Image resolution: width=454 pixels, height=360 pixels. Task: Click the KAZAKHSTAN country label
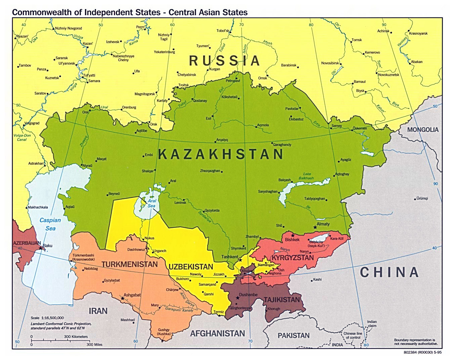[x=220, y=154]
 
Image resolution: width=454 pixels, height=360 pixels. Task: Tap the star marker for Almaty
[x=315, y=227]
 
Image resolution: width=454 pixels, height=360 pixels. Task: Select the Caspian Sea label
[x=50, y=224]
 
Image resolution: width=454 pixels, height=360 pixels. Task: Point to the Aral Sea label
[x=152, y=203]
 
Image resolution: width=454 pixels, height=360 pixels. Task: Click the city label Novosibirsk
[x=330, y=63]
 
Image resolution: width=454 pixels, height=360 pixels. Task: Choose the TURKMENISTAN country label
[x=129, y=264]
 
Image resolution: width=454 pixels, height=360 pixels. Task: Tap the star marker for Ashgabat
[x=122, y=298]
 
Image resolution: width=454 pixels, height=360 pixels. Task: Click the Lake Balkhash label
[x=306, y=176]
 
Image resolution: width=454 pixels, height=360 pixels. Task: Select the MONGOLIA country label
[x=423, y=130]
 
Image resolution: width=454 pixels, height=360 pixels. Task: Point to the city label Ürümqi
[x=422, y=199]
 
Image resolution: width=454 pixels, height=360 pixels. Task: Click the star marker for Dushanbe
[x=237, y=298]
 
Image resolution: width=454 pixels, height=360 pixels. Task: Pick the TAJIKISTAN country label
[x=282, y=299]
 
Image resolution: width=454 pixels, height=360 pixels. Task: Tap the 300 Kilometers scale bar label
[x=76, y=336]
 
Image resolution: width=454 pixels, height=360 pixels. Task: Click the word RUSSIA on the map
[x=224, y=61]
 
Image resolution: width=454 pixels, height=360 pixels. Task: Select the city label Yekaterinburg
[x=164, y=52]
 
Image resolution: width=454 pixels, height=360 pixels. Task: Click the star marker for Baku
[x=41, y=248]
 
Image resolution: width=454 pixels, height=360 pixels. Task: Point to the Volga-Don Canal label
[x=22, y=138]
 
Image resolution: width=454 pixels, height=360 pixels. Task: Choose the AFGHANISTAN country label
[x=217, y=333]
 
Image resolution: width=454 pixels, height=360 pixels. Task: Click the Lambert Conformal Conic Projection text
[x=61, y=326]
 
